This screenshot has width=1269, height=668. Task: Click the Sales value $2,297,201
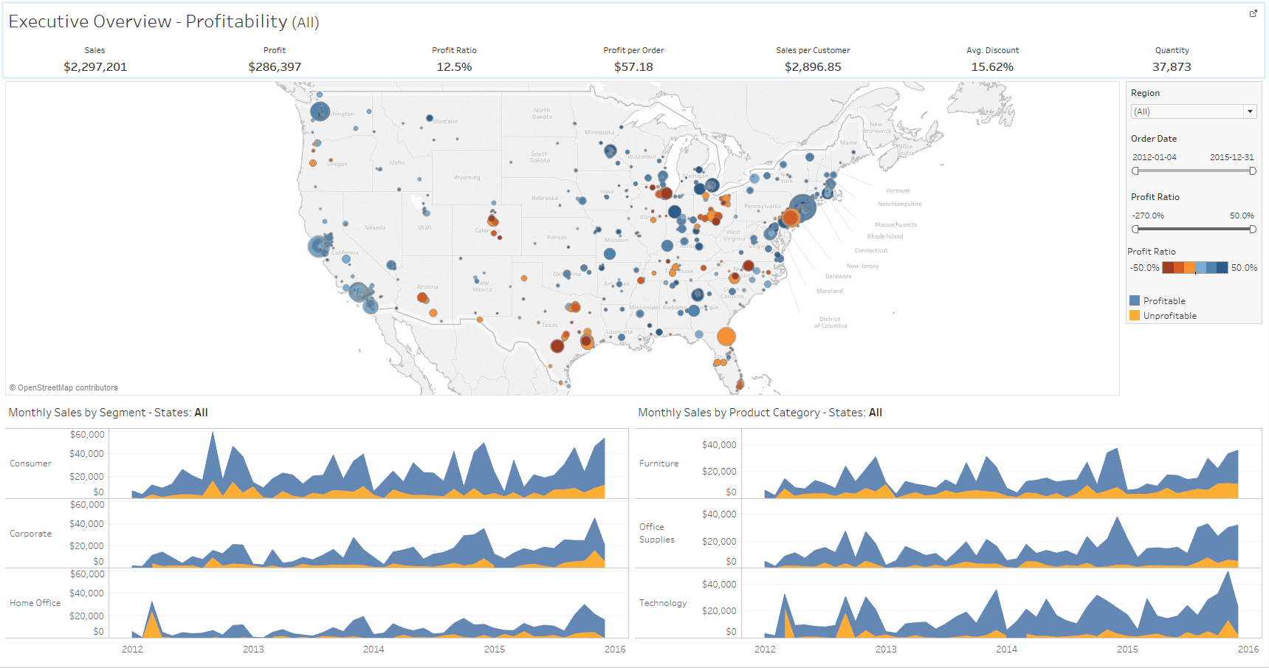[95, 67]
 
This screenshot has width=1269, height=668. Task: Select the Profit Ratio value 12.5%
[454, 67]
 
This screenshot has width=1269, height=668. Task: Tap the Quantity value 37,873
[1172, 67]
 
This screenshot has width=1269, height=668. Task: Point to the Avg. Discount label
[992, 50]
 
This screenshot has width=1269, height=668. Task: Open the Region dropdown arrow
[1250, 111]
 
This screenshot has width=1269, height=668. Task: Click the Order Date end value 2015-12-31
[1231, 157]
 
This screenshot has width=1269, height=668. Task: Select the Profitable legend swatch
[1135, 300]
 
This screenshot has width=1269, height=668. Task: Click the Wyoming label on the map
[467, 177]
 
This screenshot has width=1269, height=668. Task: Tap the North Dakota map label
[542, 114]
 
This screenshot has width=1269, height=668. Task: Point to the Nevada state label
[375, 227]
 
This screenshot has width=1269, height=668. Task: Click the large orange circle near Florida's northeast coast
[726, 337]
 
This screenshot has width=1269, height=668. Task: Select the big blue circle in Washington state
[320, 111]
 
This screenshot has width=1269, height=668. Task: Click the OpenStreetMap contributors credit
[64, 388]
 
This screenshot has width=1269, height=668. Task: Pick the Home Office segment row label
[35, 603]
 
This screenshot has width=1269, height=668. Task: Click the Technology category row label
[662, 603]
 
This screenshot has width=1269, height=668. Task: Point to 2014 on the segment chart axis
[374, 650]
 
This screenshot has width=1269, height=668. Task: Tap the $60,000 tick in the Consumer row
[87, 435]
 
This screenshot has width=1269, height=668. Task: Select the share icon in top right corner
[1253, 13]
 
